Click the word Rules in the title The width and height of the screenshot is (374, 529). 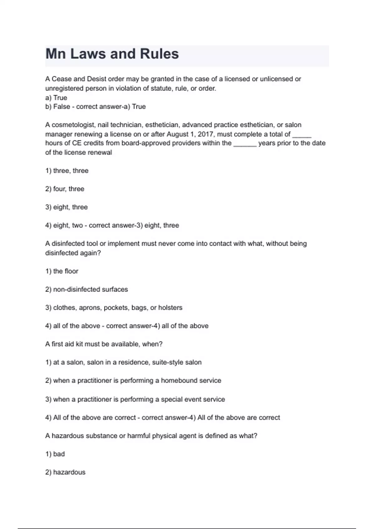click(x=159, y=54)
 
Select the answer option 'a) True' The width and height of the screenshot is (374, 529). click(x=56, y=97)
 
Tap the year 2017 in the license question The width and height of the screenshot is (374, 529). click(x=205, y=134)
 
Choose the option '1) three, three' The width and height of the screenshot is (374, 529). click(x=67, y=171)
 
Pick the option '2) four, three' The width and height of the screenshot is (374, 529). click(x=65, y=189)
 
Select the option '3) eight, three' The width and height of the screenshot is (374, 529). click(x=66, y=207)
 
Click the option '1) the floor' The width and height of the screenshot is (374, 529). click(x=62, y=271)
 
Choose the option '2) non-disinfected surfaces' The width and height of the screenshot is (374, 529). click(x=86, y=289)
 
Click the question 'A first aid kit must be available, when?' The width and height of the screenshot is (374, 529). click(x=104, y=344)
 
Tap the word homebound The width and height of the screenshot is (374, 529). click(x=175, y=381)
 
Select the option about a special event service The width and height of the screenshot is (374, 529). click(x=135, y=399)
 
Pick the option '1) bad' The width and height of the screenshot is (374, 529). click(x=55, y=454)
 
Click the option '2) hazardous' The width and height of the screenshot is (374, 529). click(x=65, y=472)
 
